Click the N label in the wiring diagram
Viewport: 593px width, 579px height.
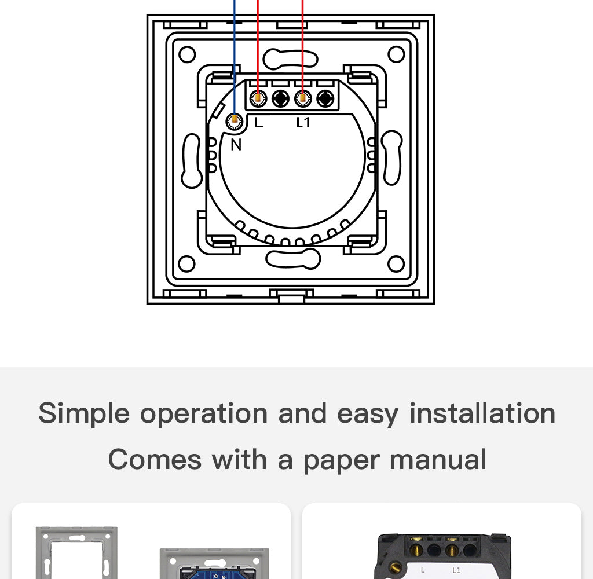point(236,145)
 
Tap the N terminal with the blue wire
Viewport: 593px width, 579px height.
point(235,120)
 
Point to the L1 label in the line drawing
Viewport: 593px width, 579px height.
point(303,122)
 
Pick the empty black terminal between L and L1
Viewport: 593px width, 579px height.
point(280,98)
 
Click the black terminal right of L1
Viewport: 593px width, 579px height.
point(326,98)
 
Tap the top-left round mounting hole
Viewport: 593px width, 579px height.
point(187,55)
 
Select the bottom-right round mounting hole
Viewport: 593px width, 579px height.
point(396,264)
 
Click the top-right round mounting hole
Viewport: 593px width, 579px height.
point(396,55)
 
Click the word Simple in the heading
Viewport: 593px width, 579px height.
point(84,413)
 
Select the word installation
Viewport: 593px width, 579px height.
point(482,413)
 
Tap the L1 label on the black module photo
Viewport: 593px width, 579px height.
point(456,570)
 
